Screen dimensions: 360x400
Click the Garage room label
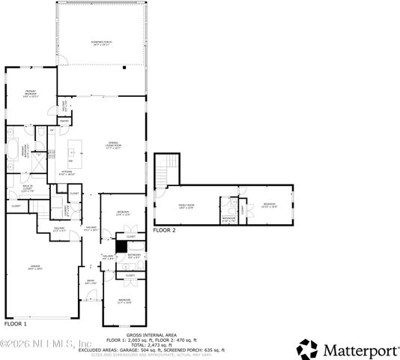[34, 268]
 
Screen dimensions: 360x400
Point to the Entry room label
[91, 283]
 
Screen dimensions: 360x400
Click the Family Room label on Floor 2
[186, 206]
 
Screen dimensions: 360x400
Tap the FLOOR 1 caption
[16, 324]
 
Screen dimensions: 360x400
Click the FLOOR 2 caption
[164, 230]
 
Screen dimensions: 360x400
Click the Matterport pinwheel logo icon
[307, 349]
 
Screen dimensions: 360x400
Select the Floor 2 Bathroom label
[228, 219]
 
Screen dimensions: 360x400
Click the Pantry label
[64, 119]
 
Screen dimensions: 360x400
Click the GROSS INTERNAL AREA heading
[153, 334]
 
